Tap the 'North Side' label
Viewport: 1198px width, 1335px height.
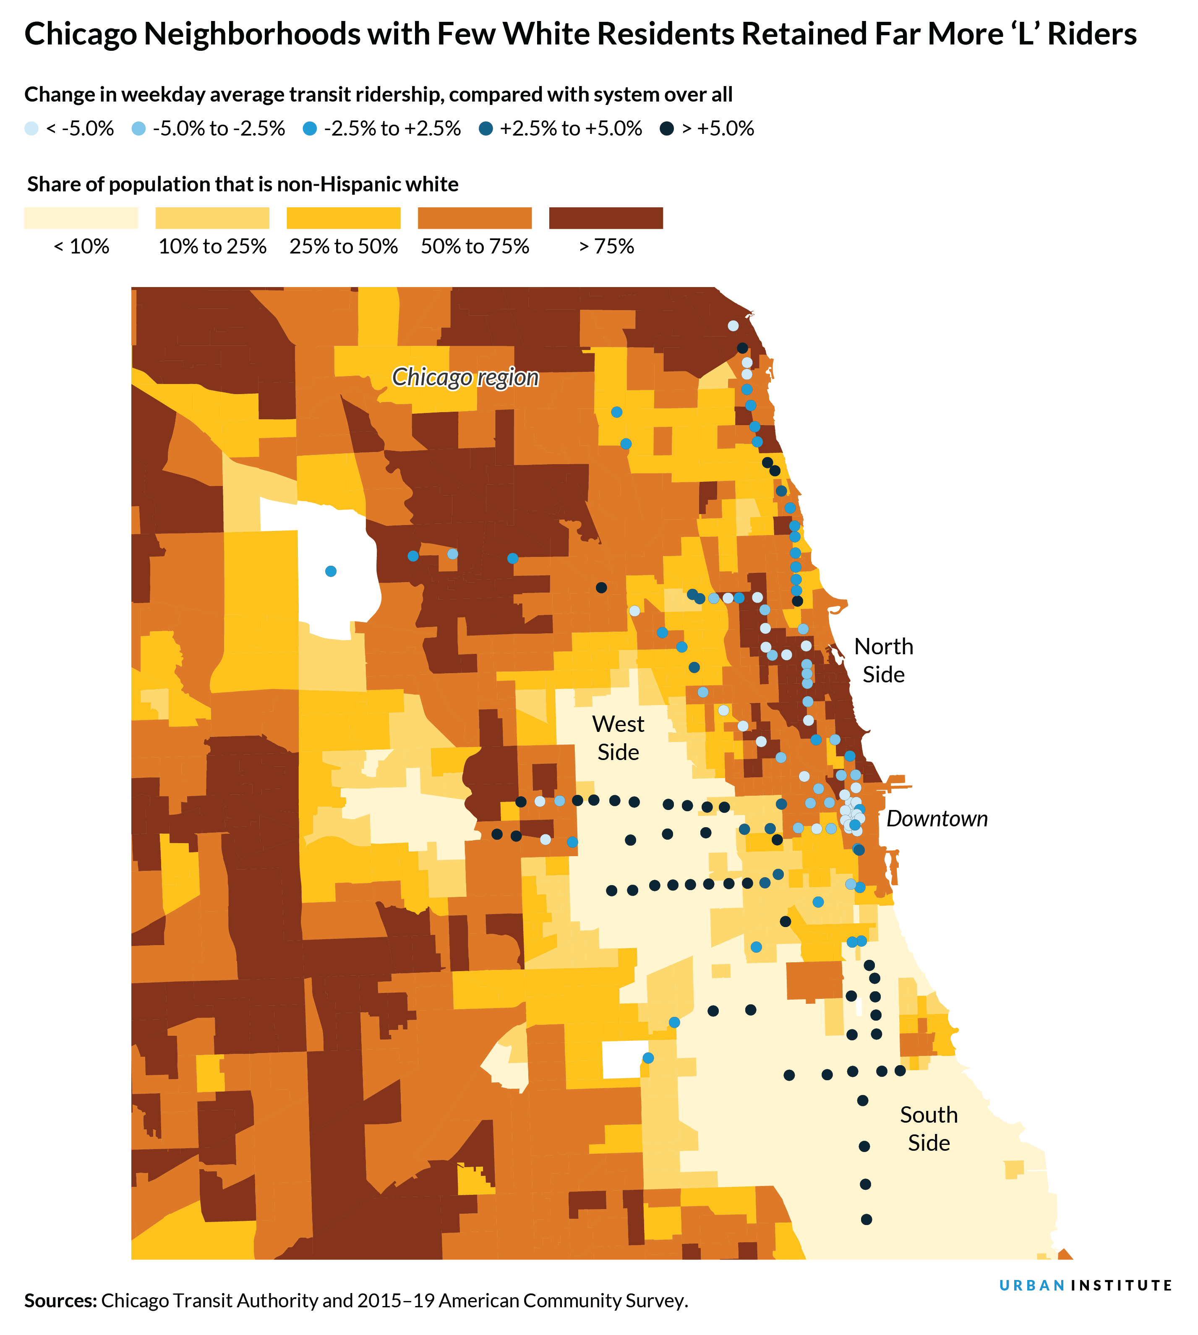(883, 660)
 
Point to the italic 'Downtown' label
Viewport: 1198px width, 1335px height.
(936, 818)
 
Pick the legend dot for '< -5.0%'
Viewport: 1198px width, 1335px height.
(31, 128)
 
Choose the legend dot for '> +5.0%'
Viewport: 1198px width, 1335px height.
(667, 128)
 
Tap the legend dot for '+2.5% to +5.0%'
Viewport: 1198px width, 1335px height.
(486, 128)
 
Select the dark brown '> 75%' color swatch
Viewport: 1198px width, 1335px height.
(606, 218)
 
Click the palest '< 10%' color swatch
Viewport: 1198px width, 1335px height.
(81, 218)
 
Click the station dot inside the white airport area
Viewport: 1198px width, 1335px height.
(330, 571)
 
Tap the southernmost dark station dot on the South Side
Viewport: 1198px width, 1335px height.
(866, 1220)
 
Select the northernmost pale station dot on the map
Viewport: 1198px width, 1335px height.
(733, 325)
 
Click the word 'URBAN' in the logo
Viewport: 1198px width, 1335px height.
(1031, 1285)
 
